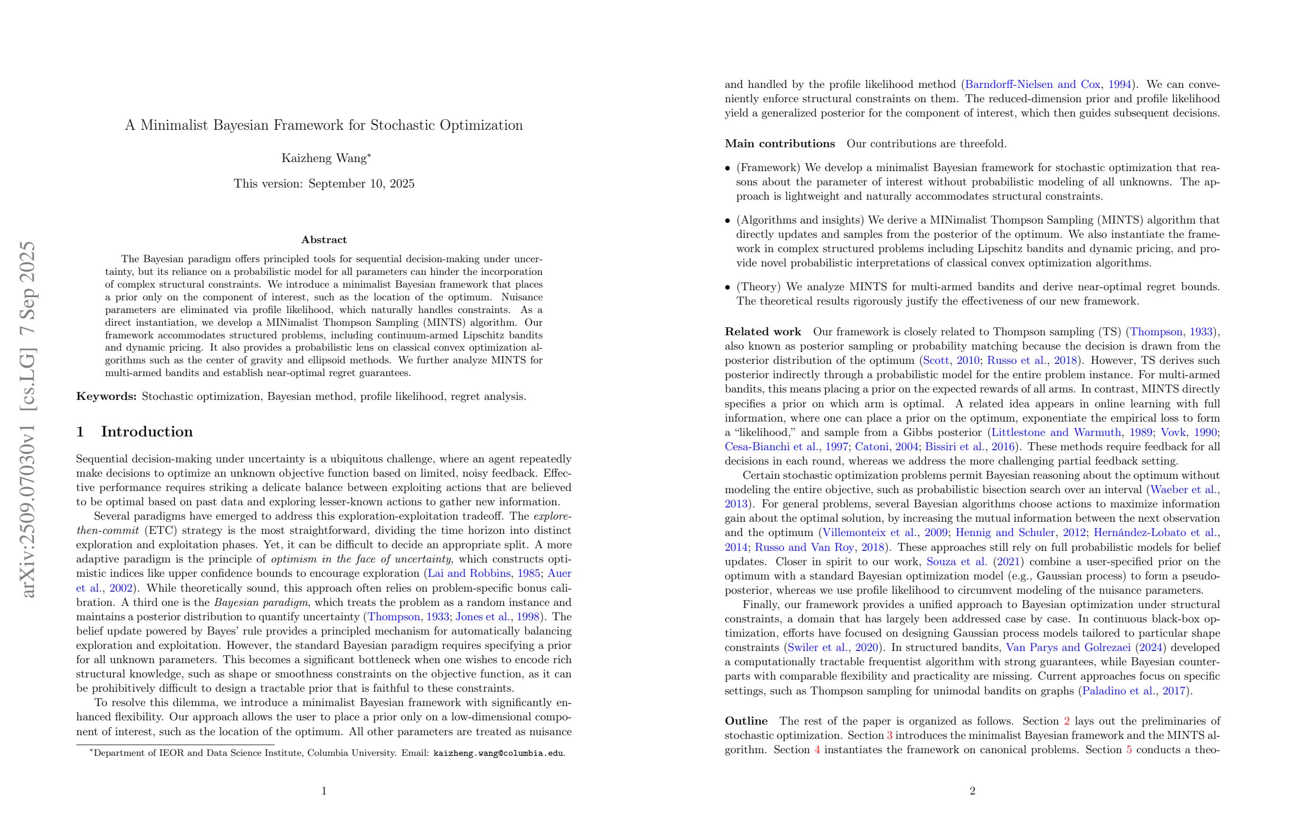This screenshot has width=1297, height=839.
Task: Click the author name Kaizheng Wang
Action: click(324, 158)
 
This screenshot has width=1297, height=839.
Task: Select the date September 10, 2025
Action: click(361, 184)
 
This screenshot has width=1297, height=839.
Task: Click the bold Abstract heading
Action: click(324, 240)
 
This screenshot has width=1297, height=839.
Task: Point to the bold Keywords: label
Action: click(106, 397)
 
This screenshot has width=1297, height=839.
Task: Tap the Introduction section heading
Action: click(147, 432)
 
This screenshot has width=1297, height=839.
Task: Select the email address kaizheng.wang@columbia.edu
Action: click(498, 754)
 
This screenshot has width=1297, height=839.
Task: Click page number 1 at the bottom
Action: click(324, 791)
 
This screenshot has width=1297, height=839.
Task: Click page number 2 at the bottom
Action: click(972, 791)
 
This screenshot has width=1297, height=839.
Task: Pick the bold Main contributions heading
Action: click(779, 144)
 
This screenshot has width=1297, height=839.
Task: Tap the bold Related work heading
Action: click(762, 332)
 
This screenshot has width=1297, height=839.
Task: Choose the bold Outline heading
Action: click(745, 721)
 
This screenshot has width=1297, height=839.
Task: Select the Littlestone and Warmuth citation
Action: click(1055, 433)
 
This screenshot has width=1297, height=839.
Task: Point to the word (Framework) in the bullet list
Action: click(768, 168)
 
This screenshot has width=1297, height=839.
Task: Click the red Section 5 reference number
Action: click(1129, 750)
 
